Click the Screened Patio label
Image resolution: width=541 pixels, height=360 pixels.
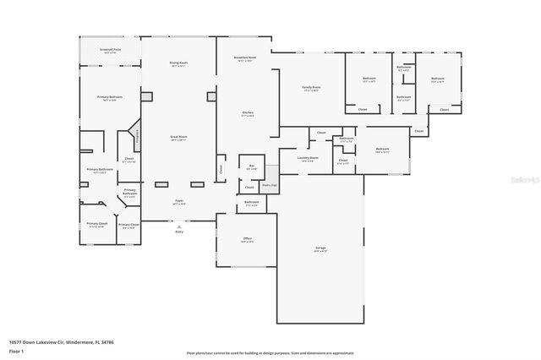tap(109, 51)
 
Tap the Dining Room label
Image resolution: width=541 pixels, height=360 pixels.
tap(178, 63)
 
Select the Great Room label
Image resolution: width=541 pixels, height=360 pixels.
tap(178, 139)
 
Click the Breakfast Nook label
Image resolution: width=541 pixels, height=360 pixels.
tap(244, 59)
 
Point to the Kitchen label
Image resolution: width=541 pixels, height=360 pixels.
tap(249, 114)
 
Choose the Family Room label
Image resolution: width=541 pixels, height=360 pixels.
tap(311, 87)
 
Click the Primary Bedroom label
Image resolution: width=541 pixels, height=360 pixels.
tap(109, 97)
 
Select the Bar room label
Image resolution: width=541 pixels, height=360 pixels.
tap(251, 166)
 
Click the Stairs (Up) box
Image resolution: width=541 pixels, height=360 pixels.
tap(267, 183)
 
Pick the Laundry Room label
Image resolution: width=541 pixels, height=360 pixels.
tap(308, 158)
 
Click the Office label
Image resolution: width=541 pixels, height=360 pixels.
tap(248, 239)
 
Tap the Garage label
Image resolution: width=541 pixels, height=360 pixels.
tap(320, 249)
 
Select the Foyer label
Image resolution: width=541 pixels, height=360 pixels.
tap(178, 203)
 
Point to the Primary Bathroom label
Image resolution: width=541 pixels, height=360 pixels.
tap(100, 170)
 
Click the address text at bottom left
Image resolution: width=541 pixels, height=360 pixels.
tap(61, 342)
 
